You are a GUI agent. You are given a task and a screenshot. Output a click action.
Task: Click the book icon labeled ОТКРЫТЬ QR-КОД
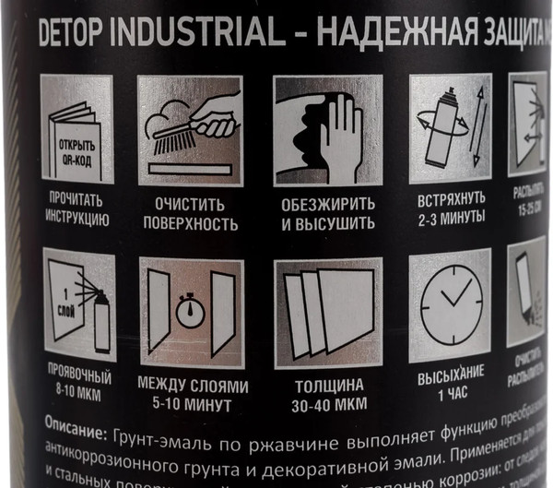coord(76,129)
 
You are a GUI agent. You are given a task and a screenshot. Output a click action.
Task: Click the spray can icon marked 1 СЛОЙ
coord(76,304)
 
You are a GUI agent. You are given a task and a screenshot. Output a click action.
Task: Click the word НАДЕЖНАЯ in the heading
coord(387,34)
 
